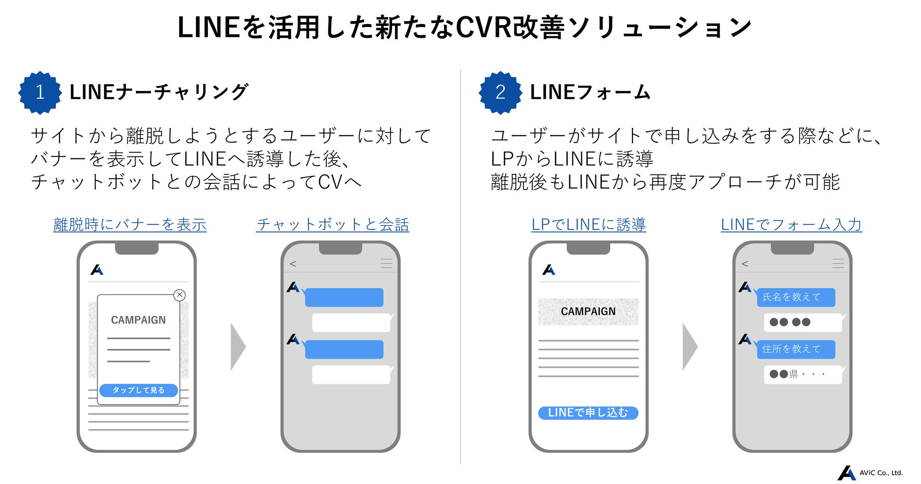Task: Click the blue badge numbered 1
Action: [x=40, y=93]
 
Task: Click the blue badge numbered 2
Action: [x=500, y=93]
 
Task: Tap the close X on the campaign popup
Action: [x=179, y=295]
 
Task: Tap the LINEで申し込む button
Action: [x=588, y=413]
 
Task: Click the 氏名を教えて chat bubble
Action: [x=795, y=297]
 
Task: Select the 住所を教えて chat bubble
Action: [x=795, y=349]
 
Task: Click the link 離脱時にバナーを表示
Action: [x=130, y=225]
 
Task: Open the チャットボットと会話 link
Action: [x=333, y=225]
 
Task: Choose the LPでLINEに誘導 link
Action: [x=588, y=225]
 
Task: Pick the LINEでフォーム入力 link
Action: [x=791, y=225]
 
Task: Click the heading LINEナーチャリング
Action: [x=159, y=92]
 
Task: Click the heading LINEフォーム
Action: [x=590, y=92]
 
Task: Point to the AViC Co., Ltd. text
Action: [x=881, y=473]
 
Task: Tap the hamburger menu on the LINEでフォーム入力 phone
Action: [x=838, y=264]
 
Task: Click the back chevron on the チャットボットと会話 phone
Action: [x=293, y=264]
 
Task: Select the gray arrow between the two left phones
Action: [x=238, y=346]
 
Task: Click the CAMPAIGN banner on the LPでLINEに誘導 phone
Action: [x=588, y=311]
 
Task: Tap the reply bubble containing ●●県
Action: [x=802, y=374]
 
